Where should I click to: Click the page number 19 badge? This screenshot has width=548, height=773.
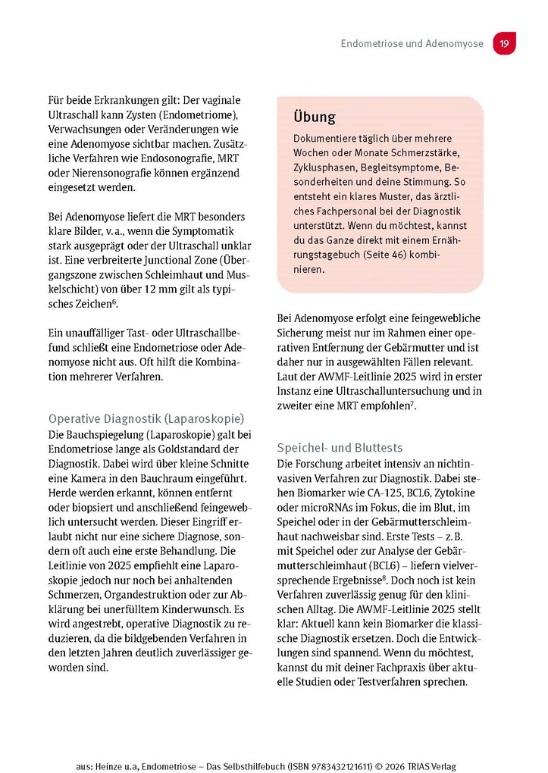504,44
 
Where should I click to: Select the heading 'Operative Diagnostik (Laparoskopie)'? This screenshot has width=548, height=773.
146,418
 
